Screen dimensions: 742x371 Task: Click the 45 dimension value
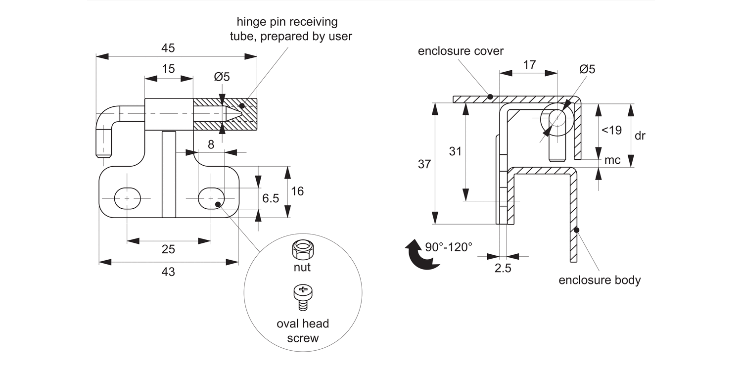168,48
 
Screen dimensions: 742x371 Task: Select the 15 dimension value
168,69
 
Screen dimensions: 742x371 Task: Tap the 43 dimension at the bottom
168,272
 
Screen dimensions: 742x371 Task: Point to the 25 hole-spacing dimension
168,249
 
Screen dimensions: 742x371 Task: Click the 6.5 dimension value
271,198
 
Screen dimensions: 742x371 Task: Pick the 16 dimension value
297,191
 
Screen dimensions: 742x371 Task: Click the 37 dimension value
424,164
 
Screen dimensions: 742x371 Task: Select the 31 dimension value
455,151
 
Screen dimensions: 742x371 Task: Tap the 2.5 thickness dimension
503,268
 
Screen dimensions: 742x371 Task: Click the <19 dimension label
611,130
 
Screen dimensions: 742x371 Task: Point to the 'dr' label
640,136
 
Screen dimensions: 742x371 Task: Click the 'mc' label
612,160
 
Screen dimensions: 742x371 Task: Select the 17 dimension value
529,65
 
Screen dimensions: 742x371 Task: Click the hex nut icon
303,250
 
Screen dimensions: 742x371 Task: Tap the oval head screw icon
303,298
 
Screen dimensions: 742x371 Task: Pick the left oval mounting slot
128,199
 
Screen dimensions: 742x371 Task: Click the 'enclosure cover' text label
461,51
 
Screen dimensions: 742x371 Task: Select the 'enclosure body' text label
600,280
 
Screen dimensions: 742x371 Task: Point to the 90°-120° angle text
449,247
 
